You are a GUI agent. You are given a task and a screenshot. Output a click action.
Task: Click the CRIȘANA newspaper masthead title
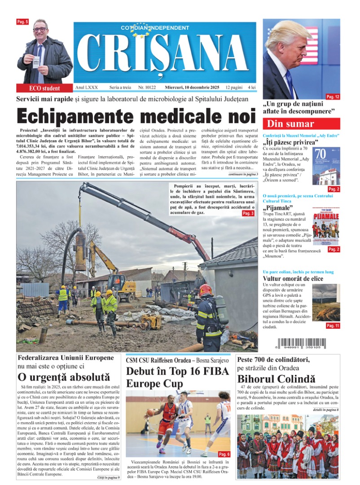[165, 53]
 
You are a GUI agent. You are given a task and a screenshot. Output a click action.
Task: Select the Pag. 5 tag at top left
[22, 22]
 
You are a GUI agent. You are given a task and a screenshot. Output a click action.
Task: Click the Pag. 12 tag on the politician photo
[333, 97]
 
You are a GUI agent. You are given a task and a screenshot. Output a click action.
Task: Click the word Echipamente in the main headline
[75, 116]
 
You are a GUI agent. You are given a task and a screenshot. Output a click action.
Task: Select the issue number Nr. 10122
[135, 87]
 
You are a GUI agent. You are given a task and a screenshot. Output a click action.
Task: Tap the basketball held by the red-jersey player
[150, 412]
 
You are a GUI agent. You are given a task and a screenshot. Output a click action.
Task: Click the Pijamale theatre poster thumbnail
[326, 227]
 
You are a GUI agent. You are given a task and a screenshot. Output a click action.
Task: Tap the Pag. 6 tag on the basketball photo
[224, 454]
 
